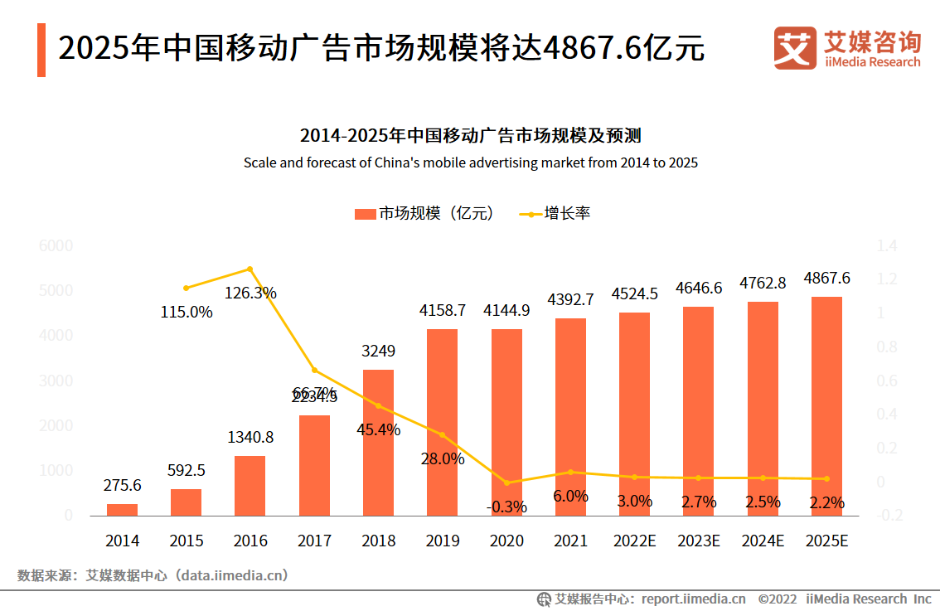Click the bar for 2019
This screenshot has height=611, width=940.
[x=443, y=422]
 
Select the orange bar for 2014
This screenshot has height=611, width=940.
[x=122, y=509]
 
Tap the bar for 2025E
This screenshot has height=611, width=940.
[x=826, y=406]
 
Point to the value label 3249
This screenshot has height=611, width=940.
[x=378, y=351]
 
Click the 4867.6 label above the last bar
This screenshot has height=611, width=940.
[x=826, y=279]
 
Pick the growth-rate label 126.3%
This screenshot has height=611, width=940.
[x=250, y=293]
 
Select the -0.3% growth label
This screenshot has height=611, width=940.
[x=507, y=507]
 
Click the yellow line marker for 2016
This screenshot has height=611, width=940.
[x=250, y=269]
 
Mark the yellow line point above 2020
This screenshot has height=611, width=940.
[x=507, y=482]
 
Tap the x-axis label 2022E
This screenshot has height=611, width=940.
[x=635, y=541]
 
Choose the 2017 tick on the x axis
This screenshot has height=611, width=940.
[x=314, y=541]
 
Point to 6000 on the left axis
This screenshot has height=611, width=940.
[x=56, y=246]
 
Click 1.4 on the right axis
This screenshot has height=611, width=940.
[x=887, y=246]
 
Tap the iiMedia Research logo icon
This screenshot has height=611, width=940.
[x=794, y=48]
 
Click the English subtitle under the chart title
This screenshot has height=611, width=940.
[x=470, y=162]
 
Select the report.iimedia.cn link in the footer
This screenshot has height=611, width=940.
[x=693, y=599]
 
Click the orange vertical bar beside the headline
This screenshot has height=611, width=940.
[x=41, y=50]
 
